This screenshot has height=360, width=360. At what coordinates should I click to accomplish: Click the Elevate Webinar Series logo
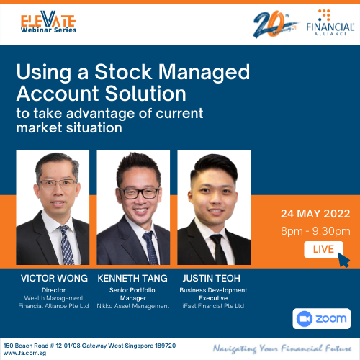(x=48, y=22)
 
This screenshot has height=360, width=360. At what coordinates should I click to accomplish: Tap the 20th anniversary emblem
(x=275, y=24)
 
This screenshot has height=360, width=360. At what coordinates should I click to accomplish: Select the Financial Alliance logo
(x=330, y=22)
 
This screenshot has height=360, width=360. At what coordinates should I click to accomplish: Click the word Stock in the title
(x=123, y=72)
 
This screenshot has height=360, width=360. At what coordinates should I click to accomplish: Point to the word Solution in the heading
(x=145, y=94)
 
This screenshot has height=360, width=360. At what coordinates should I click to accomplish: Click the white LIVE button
(x=323, y=249)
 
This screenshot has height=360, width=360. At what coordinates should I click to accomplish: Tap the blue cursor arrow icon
(x=343, y=260)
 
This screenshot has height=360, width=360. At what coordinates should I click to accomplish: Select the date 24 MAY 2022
(x=315, y=214)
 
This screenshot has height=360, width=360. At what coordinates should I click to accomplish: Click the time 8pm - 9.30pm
(x=315, y=231)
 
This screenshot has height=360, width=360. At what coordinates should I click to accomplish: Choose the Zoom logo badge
(x=322, y=319)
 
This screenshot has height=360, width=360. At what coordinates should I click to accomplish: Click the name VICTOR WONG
(x=54, y=279)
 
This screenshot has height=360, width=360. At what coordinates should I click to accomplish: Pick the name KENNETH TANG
(x=132, y=279)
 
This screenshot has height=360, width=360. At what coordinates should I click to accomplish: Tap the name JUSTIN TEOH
(x=211, y=279)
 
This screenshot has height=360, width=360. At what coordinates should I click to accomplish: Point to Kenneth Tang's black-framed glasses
(x=139, y=193)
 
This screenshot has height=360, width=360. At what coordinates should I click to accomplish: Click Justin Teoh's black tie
(x=219, y=250)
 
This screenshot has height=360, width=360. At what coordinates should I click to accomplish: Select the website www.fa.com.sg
(x=24, y=354)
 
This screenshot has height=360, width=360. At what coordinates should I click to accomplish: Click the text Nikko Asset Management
(x=133, y=306)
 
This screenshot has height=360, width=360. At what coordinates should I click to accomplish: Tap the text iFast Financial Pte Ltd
(x=213, y=306)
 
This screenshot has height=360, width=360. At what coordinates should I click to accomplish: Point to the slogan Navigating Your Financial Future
(x=282, y=348)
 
